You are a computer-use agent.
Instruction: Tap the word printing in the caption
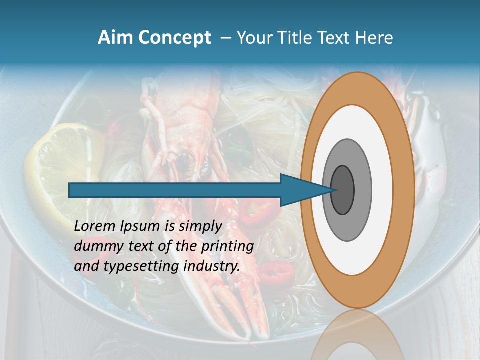click(227, 246)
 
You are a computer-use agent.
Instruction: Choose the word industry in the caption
click(212, 266)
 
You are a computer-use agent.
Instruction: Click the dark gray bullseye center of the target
click(343, 190)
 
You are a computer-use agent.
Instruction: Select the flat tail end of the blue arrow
click(70, 190)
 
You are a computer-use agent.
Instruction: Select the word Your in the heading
click(254, 38)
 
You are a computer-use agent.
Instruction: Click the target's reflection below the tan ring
click(357, 335)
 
